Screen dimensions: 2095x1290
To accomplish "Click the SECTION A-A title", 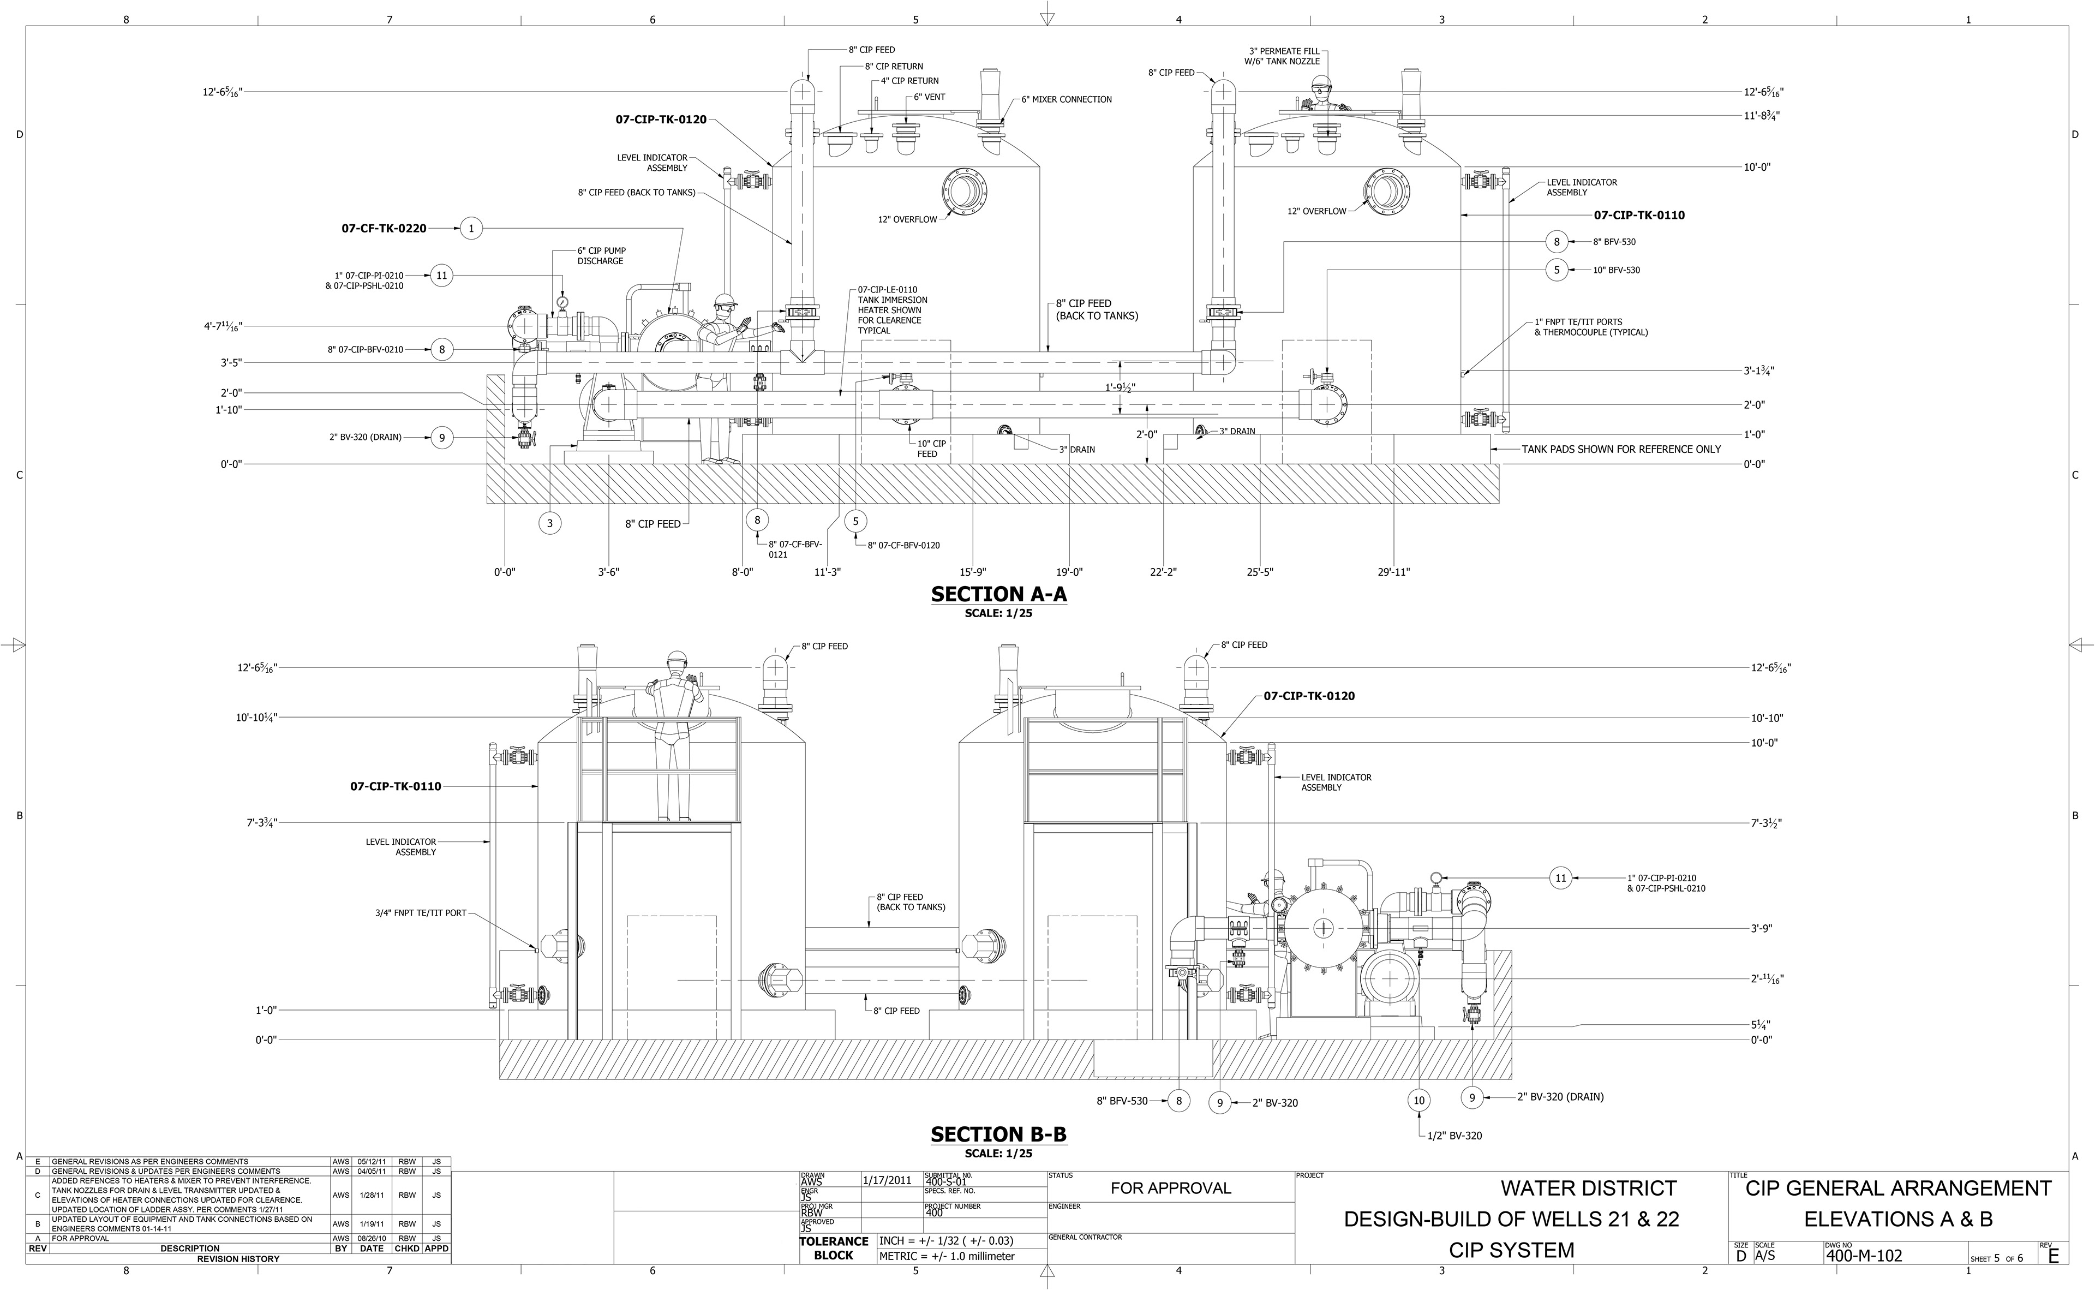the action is pyautogui.click(x=998, y=595).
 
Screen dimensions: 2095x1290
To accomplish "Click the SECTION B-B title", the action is pyautogui.click(x=998, y=1134).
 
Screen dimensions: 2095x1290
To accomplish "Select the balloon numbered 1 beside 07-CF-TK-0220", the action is pyautogui.click(x=471, y=229).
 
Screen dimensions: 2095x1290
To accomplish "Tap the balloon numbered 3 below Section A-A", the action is pyautogui.click(x=550, y=523).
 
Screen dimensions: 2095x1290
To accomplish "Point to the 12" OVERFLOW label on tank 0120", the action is pyautogui.click(x=908, y=220).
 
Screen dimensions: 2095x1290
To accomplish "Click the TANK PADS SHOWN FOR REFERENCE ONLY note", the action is pyautogui.click(x=1621, y=450).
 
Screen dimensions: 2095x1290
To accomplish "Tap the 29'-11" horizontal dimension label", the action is pyautogui.click(x=1394, y=572).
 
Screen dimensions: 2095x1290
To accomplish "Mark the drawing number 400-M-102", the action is pyautogui.click(x=1864, y=1255).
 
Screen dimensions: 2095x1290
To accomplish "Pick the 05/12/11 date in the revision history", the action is pyautogui.click(x=371, y=1162).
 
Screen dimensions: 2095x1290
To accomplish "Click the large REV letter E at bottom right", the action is pyautogui.click(x=2052, y=1255).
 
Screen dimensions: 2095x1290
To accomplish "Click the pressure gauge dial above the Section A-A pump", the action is pyautogui.click(x=562, y=302).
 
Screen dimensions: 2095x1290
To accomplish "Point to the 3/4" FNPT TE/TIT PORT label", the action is pyautogui.click(x=421, y=913).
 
